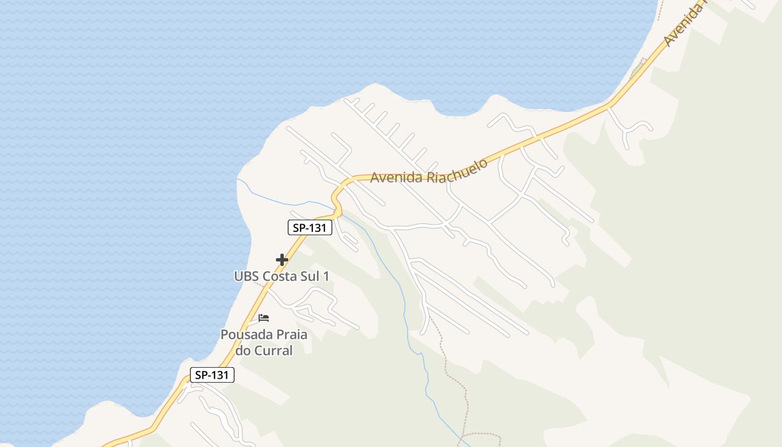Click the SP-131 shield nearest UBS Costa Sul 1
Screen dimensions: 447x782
(x=310, y=227)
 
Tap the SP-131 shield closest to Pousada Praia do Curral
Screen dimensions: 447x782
(x=212, y=375)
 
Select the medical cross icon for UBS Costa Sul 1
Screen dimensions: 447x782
(x=282, y=260)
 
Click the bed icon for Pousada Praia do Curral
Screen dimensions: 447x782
(x=264, y=318)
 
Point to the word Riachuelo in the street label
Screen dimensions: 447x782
(x=457, y=170)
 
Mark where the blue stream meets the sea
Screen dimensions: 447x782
(x=238, y=180)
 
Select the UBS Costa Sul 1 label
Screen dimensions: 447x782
(x=282, y=276)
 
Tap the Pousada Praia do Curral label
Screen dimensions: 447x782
(x=264, y=343)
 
